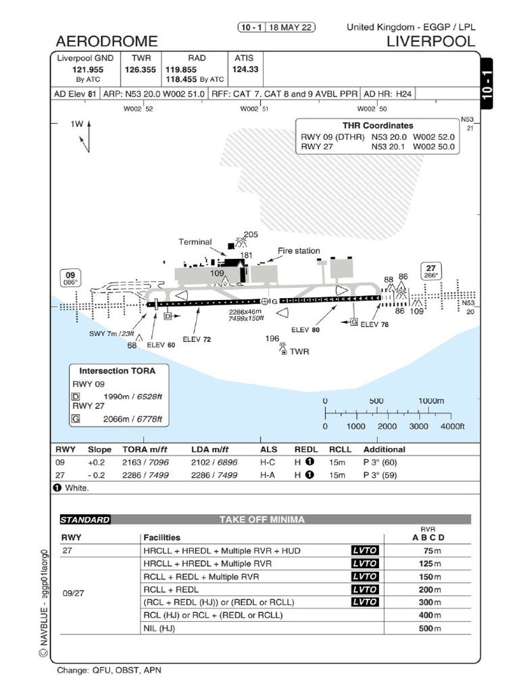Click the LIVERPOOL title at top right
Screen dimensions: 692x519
[430, 41]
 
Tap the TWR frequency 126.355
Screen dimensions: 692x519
[140, 69]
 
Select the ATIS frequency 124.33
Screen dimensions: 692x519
[245, 69]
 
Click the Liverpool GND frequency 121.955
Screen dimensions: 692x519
[88, 69]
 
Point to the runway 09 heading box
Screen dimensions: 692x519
[70, 278]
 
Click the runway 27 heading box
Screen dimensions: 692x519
[430, 270]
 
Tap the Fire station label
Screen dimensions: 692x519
[299, 251]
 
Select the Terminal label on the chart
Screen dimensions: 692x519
[195, 242]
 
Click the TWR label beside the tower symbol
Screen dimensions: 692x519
[299, 351]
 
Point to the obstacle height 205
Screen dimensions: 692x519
[251, 234]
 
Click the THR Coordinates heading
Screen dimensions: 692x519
[378, 126]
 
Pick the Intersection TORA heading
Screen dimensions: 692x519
[117, 371]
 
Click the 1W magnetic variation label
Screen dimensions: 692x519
[76, 124]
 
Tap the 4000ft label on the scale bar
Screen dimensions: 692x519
[453, 426]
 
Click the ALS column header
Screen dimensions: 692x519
[268, 449]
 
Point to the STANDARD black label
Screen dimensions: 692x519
[84, 520]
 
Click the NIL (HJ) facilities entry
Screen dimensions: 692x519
[159, 628]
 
